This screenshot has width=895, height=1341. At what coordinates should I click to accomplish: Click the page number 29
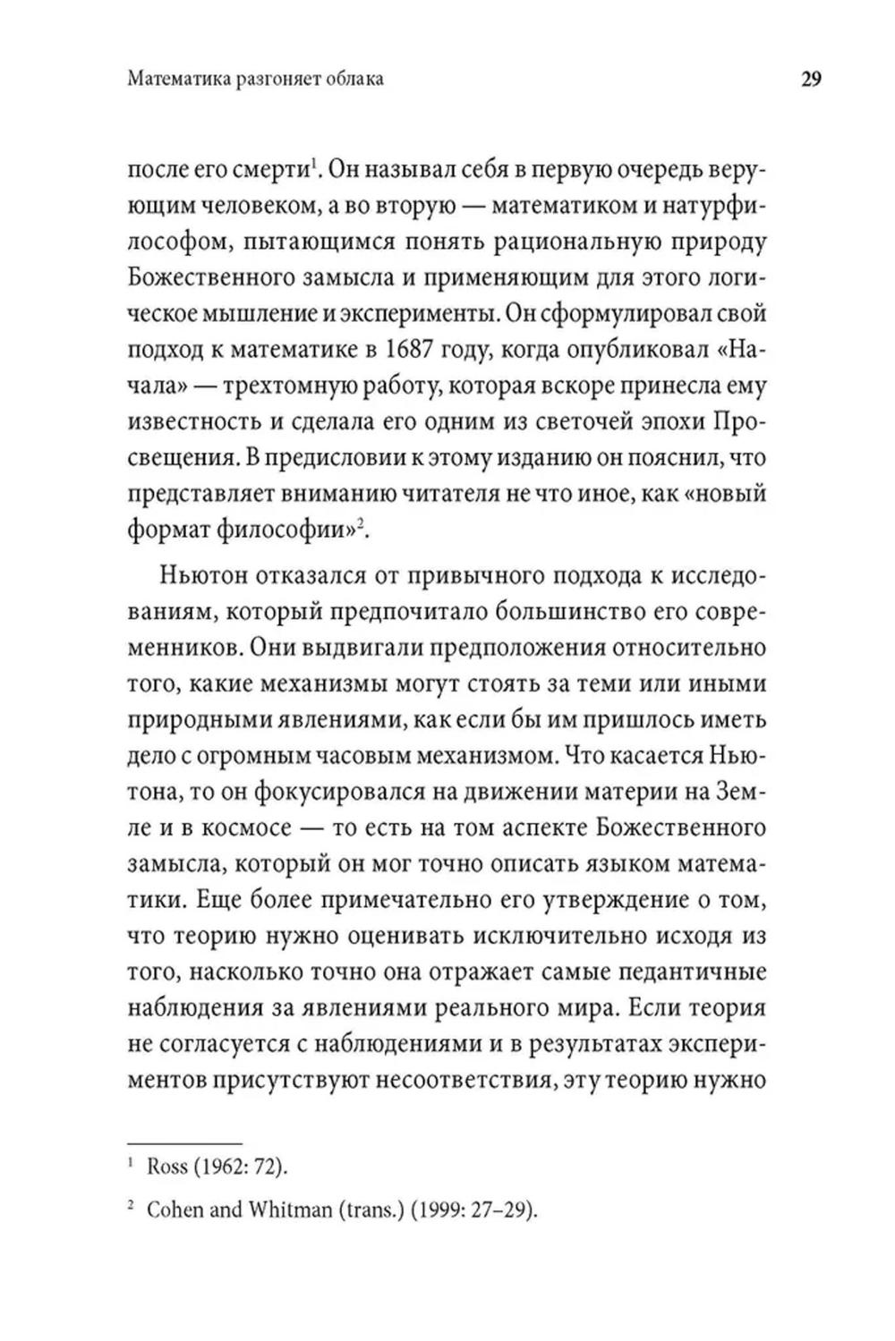[x=810, y=80]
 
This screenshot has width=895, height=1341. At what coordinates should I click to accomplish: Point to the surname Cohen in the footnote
[x=175, y=1210]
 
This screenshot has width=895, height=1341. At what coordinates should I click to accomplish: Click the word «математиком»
[x=561, y=205]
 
